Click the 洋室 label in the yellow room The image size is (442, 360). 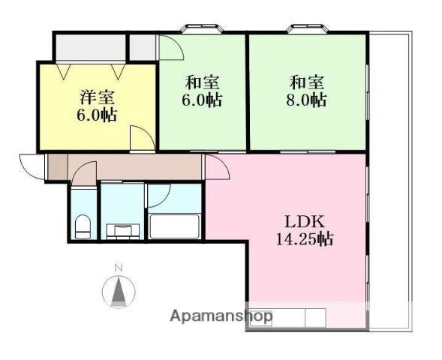click(x=97, y=97)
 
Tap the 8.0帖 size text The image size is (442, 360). click(x=307, y=100)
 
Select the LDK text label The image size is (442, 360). click(x=303, y=223)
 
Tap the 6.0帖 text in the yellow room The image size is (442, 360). click(x=97, y=115)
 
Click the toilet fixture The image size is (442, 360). click(x=83, y=226)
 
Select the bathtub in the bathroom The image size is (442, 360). click(x=174, y=226)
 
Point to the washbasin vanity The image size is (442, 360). click(x=122, y=229)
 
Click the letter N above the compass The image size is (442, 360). click(x=117, y=268)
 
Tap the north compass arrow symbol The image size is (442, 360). click(x=117, y=292)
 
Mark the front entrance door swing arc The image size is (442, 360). click(x=31, y=166)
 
